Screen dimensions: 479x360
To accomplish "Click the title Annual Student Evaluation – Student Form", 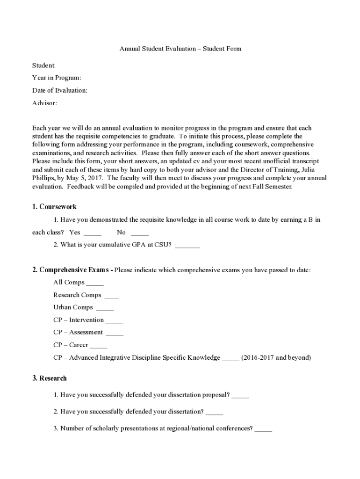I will coord(180,49).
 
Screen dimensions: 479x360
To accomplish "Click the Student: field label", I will coord(44,65).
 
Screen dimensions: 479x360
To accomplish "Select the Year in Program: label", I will coord(57,78).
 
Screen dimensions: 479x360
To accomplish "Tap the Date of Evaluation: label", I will coord(59,90).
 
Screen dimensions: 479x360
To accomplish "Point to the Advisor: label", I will coord(44,103).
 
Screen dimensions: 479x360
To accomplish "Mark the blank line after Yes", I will coord(93,233).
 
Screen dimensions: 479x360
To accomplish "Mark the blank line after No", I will coord(139,233).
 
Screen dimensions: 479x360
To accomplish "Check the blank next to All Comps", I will coord(95,283).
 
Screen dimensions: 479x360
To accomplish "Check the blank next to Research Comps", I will coord(111,296).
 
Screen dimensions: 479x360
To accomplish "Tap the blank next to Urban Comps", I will coord(105,309).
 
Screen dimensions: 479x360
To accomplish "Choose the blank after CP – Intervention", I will coord(114,321).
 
